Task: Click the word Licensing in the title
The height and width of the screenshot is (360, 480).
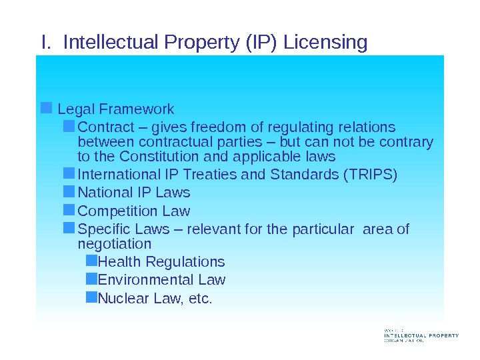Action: point(325,43)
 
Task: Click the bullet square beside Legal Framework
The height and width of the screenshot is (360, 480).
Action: point(46,107)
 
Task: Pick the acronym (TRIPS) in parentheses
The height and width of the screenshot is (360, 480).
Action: point(369,175)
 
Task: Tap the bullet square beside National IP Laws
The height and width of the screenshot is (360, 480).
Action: point(69,192)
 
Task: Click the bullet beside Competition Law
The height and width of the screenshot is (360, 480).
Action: point(69,210)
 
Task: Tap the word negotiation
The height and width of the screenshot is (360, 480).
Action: point(115,245)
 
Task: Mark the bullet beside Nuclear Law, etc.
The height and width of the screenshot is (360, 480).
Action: point(91,297)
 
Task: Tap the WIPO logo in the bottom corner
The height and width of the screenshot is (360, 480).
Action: point(421,335)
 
